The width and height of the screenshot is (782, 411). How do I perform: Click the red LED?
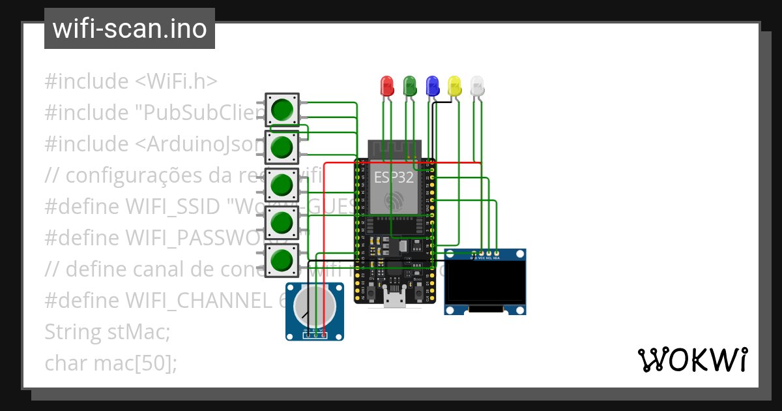pos(386,85)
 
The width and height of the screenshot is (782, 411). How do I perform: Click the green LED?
pos(410,85)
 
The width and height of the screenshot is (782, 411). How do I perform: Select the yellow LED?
pos(455,85)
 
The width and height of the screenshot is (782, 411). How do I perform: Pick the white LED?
pos(478,85)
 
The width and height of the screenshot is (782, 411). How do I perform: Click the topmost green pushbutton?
pos(282,110)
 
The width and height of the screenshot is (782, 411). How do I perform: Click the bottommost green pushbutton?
pos(282,260)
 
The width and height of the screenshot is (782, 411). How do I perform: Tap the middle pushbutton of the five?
pos(282,185)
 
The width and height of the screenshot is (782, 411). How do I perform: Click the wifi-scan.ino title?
pos(129,29)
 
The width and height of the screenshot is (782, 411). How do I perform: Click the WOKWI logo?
pos(692,359)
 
